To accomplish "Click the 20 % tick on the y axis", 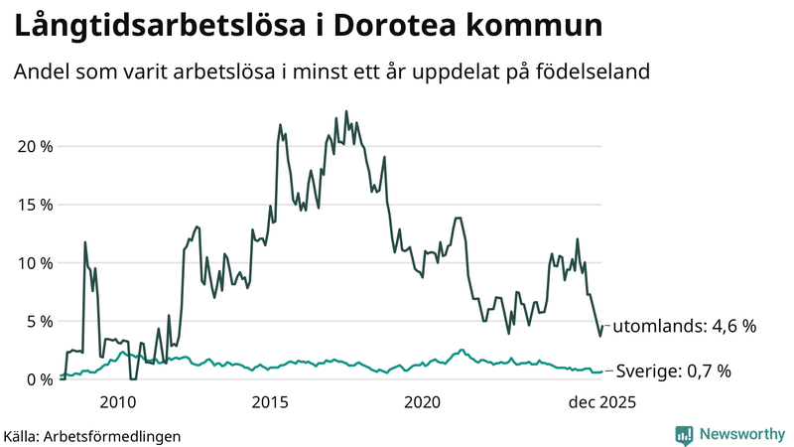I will coord(32,146).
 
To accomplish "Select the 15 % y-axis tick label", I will coord(32,205).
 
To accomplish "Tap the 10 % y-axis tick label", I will coord(32,263).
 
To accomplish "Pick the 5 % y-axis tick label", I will coord(37,321).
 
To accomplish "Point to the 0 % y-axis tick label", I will coord(37,379).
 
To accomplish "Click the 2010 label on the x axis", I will coord(117,402).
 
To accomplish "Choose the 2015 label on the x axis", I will coord(270,402).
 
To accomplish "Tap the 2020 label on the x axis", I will coord(423,402).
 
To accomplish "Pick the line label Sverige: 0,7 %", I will coord(674,372).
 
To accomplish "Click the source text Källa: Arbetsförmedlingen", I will coord(92,435).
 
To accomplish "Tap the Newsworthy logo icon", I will coord(684,434).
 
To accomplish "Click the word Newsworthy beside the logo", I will coord(741,434).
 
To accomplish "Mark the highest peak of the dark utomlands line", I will coord(346,111).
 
